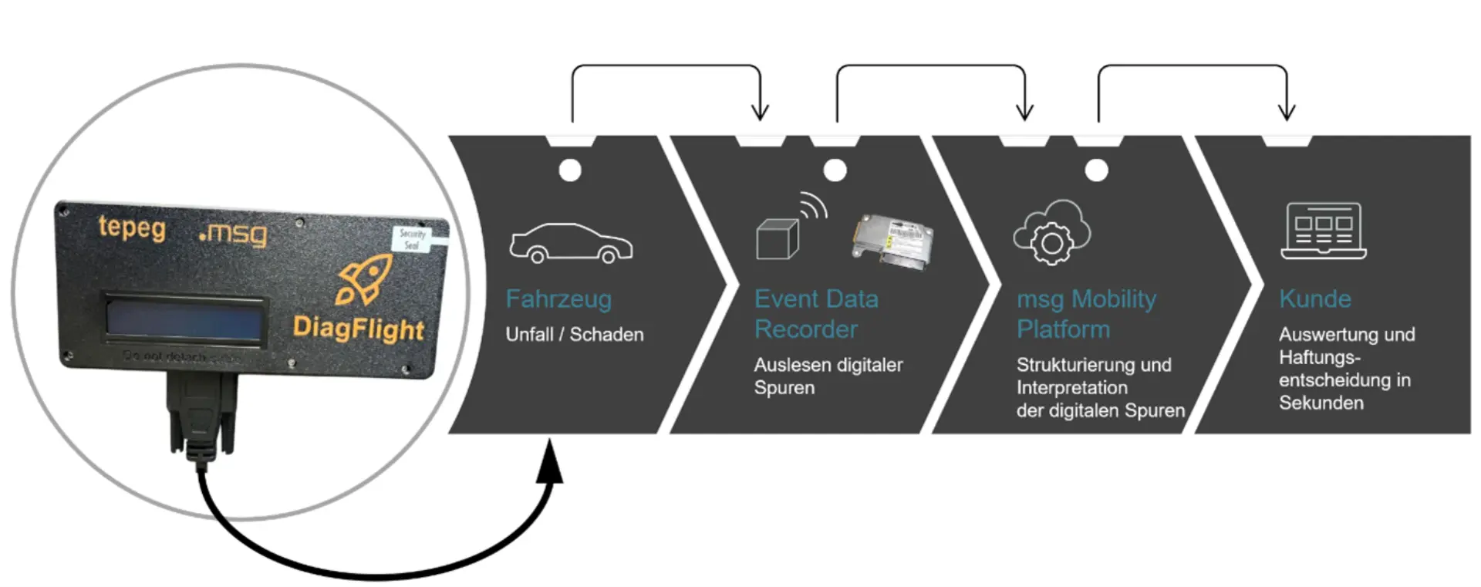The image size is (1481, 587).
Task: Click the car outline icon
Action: (571, 243)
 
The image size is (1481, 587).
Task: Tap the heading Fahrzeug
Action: (558, 299)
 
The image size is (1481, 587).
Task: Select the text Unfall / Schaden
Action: (574, 335)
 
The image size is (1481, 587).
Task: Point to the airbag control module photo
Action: (892, 241)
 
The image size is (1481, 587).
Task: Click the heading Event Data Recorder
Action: (815, 314)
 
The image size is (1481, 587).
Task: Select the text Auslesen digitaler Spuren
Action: (828, 376)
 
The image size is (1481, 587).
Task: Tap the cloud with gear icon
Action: (1051, 232)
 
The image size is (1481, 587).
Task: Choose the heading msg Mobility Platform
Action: (1085, 314)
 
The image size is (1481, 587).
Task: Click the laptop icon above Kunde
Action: (1323, 231)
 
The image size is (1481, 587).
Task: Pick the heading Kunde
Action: (1314, 299)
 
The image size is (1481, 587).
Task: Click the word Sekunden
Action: (1321, 403)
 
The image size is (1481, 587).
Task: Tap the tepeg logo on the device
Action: (132, 228)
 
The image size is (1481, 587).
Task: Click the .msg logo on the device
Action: (233, 234)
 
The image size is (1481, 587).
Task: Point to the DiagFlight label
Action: (358, 328)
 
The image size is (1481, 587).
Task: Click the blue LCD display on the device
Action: (184, 319)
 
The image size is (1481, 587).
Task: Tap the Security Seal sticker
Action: (413, 238)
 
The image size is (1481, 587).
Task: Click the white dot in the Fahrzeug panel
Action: (570, 170)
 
